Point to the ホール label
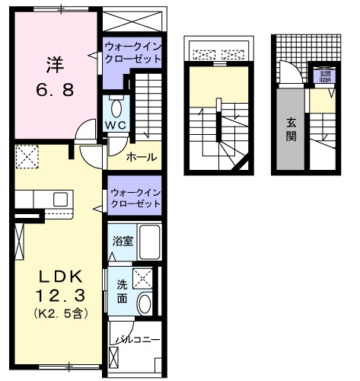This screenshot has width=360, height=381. point(142,157)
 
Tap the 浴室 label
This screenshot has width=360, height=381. point(123,241)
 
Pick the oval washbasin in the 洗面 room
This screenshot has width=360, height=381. point(144,303)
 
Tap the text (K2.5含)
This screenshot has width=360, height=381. point(56,312)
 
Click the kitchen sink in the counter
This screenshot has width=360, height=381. point(59,200)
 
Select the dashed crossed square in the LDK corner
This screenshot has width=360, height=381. point(30,158)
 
